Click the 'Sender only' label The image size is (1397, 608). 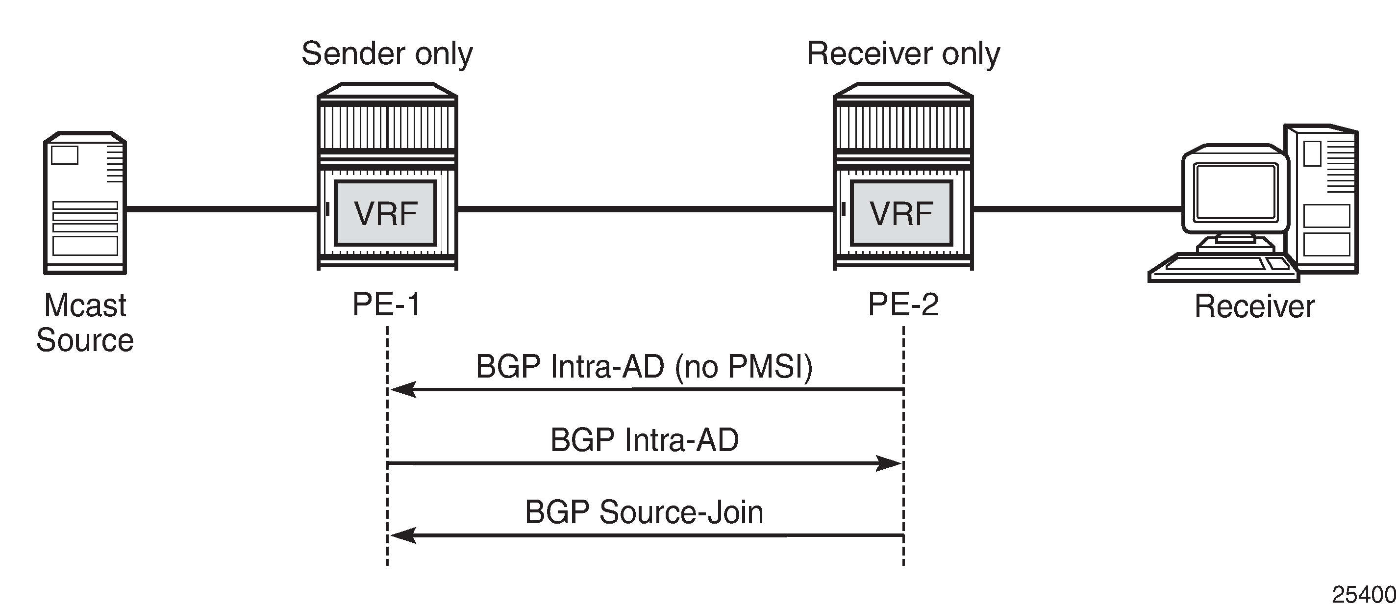(x=387, y=54)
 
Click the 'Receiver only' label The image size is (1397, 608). (x=903, y=54)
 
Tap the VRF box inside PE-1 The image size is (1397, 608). (x=386, y=213)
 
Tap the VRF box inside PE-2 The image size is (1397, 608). (x=901, y=213)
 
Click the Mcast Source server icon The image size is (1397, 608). (x=85, y=203)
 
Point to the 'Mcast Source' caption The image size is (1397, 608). (x=85, y=322)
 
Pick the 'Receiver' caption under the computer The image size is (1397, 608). (x=1254, y=306)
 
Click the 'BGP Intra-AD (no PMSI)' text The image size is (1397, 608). (x=644, y=367)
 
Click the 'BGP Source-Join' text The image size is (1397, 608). (x=644, y=512)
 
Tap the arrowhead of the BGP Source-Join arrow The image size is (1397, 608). (x=402, y=535)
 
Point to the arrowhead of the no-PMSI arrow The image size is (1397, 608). (x=402, y=389)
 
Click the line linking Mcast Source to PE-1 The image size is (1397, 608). (x=221, y=208)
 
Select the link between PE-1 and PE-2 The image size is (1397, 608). (x=646, y=208)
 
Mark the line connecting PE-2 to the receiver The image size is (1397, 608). (x=1076, y=208)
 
